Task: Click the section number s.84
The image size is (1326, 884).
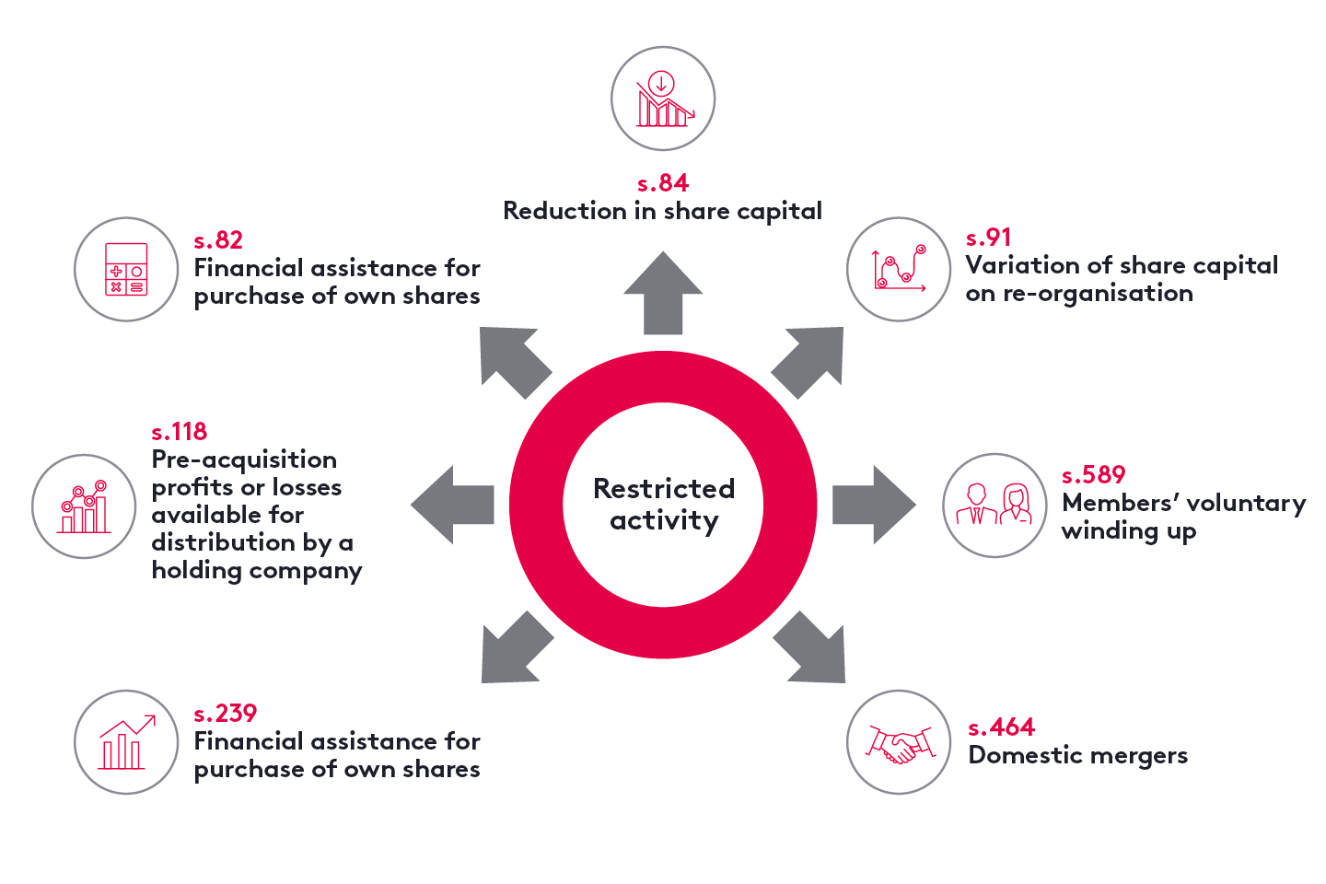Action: tap(662, 183)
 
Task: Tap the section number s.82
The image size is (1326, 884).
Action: tap(218, 240)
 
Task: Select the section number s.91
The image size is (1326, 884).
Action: tap(988, 238)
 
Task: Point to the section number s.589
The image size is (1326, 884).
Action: tap(1093, 475)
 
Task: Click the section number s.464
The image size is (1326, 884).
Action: tap(1001, 727)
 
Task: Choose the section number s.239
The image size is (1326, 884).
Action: tap(225, 714)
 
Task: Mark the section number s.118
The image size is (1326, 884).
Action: tap(179, 432)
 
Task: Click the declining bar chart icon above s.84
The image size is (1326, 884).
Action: tap(663, 99)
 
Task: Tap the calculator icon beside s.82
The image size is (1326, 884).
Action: tap(126, 269)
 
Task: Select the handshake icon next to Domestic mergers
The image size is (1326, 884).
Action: tap(899, 742)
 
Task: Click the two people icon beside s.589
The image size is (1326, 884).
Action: tap(994, 505)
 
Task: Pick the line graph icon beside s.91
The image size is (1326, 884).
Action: tap(899, 269)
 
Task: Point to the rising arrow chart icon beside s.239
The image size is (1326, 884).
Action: tap(126, 742)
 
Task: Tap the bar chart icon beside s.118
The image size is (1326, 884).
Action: tap(84, 506)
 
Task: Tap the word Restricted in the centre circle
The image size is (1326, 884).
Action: tap(663, 488)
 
